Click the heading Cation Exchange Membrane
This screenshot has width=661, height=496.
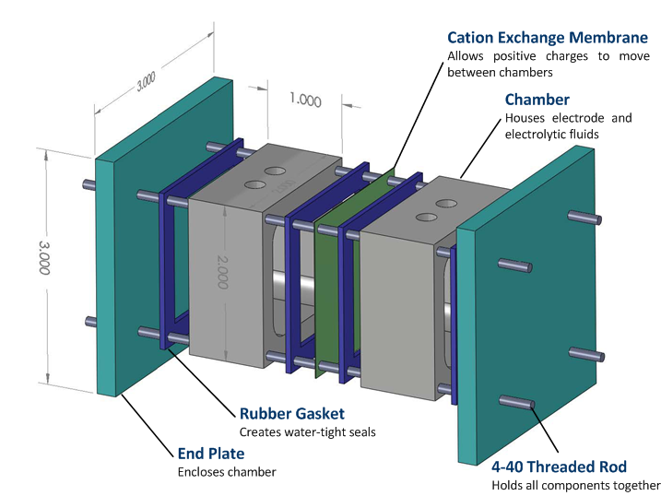tap(547, 38)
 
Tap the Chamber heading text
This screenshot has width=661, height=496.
tap(537, 100)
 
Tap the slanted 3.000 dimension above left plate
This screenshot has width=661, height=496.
tap(146, 84)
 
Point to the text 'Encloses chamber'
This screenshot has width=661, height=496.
tap(225, 471)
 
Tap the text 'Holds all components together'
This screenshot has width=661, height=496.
tap(575, 485)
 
